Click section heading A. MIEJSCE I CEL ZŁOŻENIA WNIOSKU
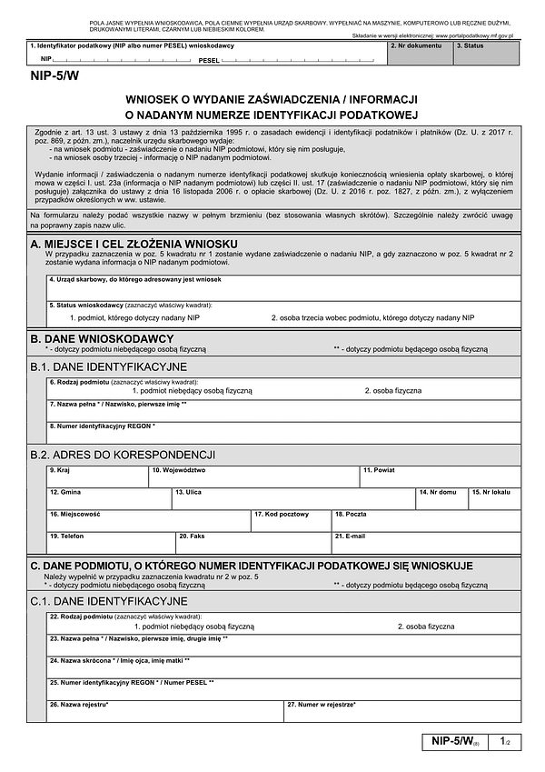(x=134, y=245)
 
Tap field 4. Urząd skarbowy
(x=284, y=287)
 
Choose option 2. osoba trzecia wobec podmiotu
(x=372, y=317)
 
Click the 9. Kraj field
(x=97, y=476)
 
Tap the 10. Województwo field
(x=253, y=476)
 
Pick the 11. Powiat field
(x=441, y=476)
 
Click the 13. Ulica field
(x=292, y=498)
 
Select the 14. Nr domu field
(x=441, y=498)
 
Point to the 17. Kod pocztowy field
(x=291, y=520)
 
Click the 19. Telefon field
(x=111, y=542)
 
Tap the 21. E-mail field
(x=426, y=542)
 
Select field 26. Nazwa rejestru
(x=165, y=710)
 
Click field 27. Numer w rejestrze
(x=402, y=710)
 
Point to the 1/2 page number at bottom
(x=505, y=743)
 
